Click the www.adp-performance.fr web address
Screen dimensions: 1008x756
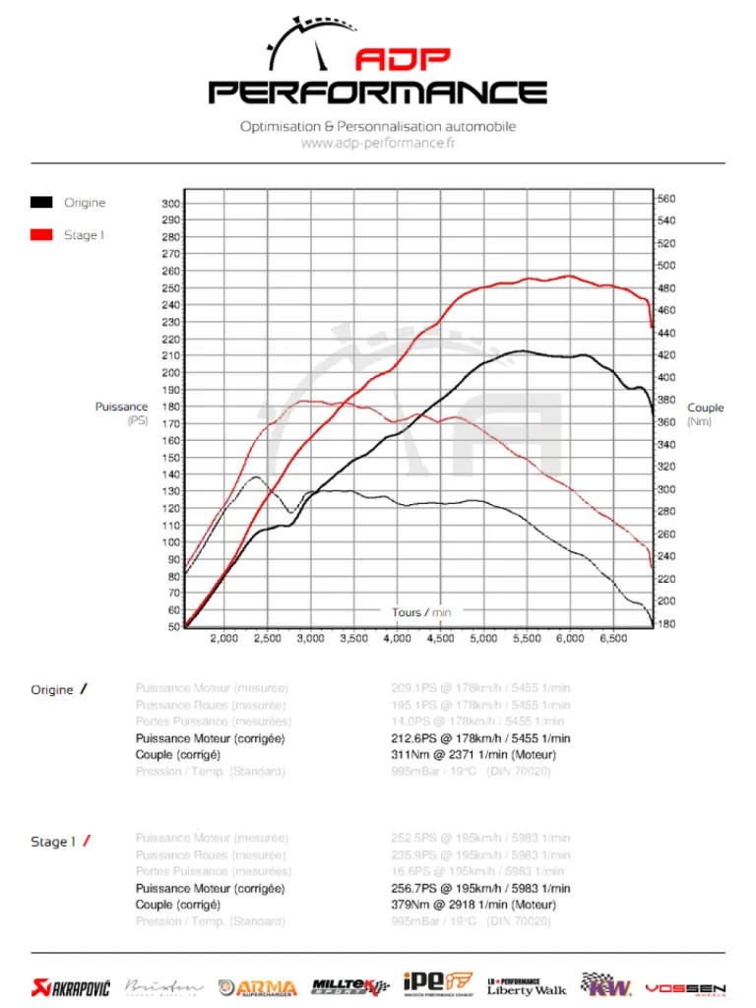[378, 143]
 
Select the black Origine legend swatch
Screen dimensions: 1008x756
[41, 203]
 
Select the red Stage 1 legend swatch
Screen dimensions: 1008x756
[41, 235]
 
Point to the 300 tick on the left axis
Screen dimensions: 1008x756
[170, 204]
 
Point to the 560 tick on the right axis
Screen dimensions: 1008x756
[666, 199]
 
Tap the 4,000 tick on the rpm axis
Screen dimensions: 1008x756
[397, 639]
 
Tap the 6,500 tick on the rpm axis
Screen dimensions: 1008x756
[612, 639]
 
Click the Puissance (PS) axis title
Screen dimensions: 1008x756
[121, 413]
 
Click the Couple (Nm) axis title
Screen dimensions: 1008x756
[705, 414]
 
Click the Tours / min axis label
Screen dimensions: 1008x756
[421, 612]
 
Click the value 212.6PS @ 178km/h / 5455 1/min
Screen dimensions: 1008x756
[480, 738]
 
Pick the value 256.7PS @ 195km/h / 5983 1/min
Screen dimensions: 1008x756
[480, 888]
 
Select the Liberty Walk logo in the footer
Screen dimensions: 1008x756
[527, 985]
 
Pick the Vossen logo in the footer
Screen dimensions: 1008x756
[685, 987]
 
